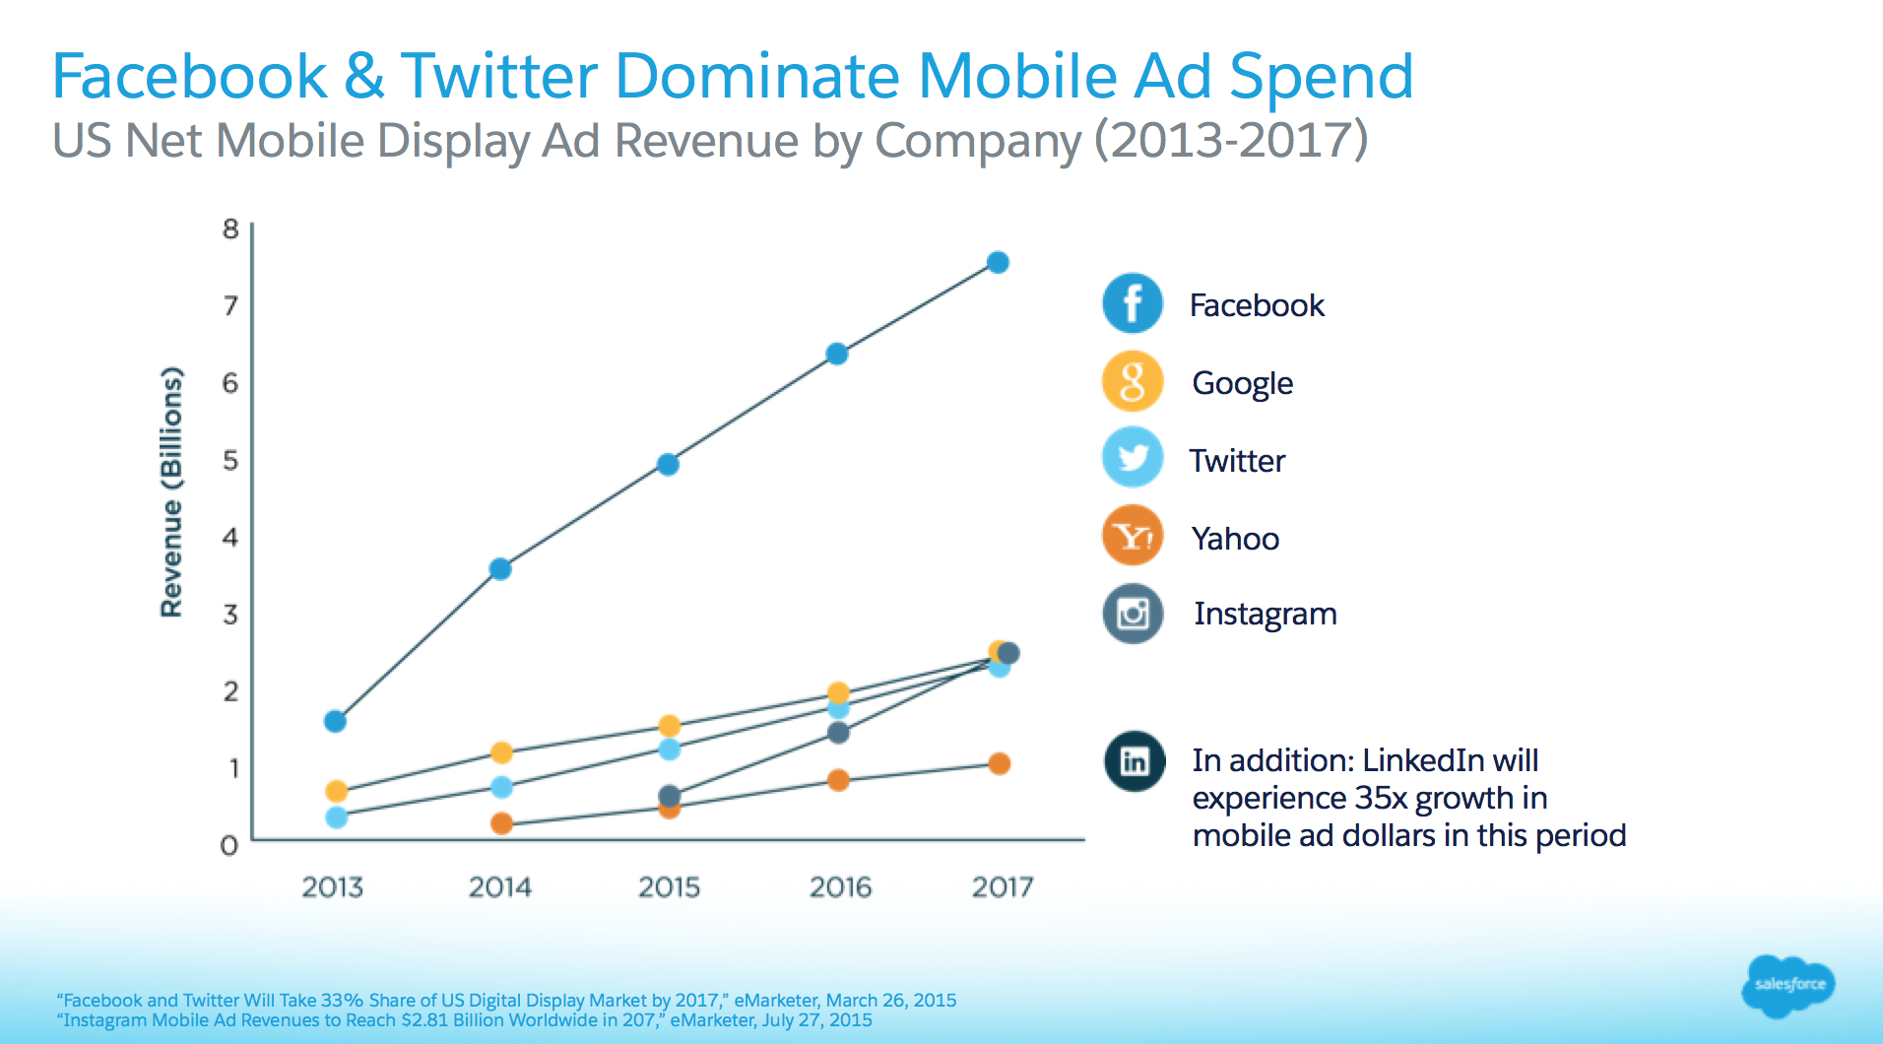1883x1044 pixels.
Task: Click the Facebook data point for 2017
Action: coord(998,263)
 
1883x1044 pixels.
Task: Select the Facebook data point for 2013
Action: coord(335,722)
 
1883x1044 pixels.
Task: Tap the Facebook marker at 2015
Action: coord(668,465)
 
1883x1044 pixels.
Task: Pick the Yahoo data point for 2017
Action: coord(999,764)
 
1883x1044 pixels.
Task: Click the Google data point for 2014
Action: coord(501,753)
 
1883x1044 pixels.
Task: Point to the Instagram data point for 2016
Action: coord(838,733)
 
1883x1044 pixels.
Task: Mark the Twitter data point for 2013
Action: coord(336,817)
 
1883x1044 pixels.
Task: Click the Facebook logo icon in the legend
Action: coord(1133,303)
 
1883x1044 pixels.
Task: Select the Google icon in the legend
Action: coord(1133,381)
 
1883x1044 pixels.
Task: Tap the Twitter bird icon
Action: coord(1133,458)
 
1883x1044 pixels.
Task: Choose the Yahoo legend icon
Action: coord(1133,536)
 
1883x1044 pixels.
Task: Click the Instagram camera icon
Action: coord(1133,614)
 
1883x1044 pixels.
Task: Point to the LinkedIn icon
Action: coord(1135,761)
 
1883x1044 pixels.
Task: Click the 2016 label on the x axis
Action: coord(840,887)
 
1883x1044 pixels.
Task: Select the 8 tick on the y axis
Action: coord(230,229)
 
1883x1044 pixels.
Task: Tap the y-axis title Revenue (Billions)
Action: coord(172,492)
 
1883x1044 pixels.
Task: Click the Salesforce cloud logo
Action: coord(1788,984)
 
